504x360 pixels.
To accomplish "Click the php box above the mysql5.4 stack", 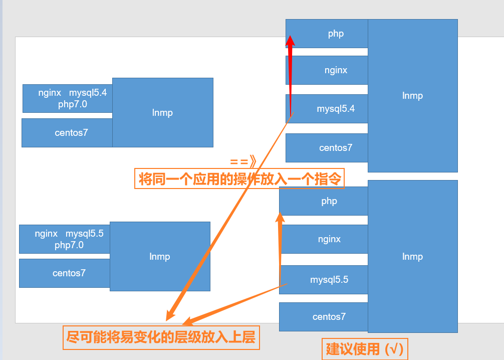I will (x=336, y=34).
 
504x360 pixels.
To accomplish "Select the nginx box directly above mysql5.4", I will (x=336, y=70).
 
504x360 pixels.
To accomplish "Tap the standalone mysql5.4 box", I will (x=336, y=108).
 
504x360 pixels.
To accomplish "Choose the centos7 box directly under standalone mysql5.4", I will (x=336, y=148).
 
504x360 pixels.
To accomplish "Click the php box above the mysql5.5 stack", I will (x=329, y=201).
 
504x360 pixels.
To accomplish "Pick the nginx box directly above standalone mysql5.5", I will (x=329, y=239).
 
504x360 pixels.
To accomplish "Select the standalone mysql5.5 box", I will (x=329, y=280).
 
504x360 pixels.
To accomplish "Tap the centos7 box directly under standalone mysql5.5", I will (x=329, y=317).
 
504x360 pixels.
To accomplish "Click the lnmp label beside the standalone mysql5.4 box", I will (x=412, y=96).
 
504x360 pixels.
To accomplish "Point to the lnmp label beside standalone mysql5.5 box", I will (x=412, y=257).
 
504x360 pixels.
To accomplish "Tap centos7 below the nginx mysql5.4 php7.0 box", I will (x=71, y=133).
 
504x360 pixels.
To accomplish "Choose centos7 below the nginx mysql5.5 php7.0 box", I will (x=69, y=273).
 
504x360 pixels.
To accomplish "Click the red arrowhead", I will (x=290, y=40).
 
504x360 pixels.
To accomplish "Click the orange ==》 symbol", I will (x=243, y=161).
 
